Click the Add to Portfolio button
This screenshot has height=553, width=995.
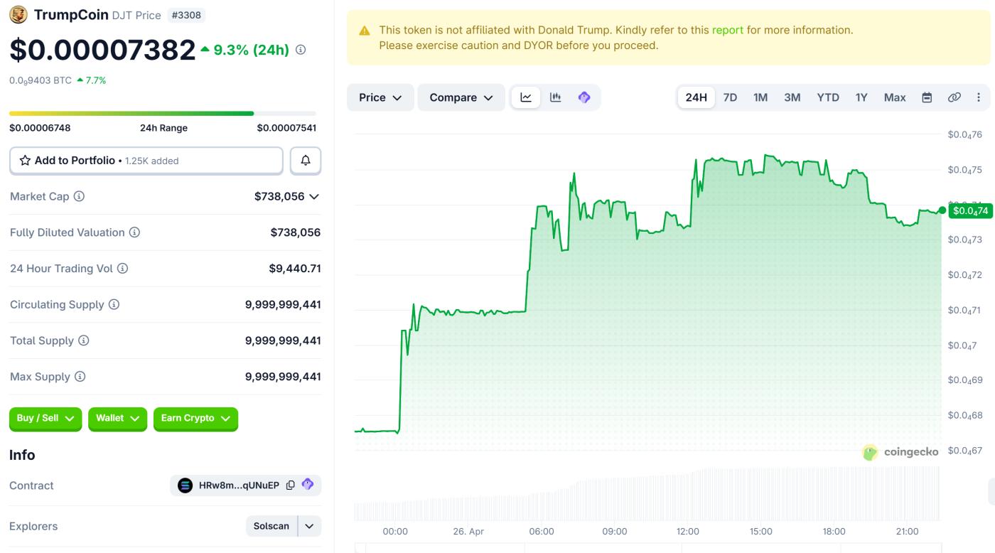click(146, 161)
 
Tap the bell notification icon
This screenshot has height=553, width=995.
click(306, 161)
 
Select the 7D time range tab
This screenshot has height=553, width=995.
click(730, 97)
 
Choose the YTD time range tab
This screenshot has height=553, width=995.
click(828, 97)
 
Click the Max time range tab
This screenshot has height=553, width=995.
click(895, 97)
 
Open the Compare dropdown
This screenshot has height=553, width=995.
click(461, 97)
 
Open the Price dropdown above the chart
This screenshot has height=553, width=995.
click(380, 97)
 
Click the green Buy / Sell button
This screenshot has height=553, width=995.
click(45, 419)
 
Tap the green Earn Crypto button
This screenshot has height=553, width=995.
click(195, 419)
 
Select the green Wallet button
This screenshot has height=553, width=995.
click(117, 419)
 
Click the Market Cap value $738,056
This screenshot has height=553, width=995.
click(279, 196)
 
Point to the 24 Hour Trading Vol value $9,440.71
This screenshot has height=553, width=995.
click(294, 269)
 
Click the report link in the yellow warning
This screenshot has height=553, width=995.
click(728, 30)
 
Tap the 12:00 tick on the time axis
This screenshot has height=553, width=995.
click(688, 531)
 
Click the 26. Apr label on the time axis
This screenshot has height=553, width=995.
click(468, 531)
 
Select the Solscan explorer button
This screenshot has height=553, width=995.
click(271, 526)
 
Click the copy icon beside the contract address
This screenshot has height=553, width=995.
click(290, 485)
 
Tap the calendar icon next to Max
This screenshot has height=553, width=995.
click(927, 97)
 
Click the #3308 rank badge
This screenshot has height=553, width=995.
click(186, 15)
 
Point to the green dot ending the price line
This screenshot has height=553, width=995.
click(942, 210)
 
